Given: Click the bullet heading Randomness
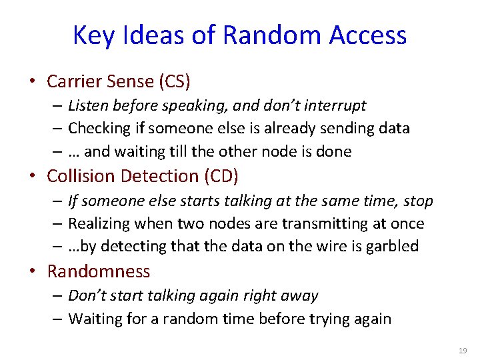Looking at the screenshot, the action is click(x=99, y=271).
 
